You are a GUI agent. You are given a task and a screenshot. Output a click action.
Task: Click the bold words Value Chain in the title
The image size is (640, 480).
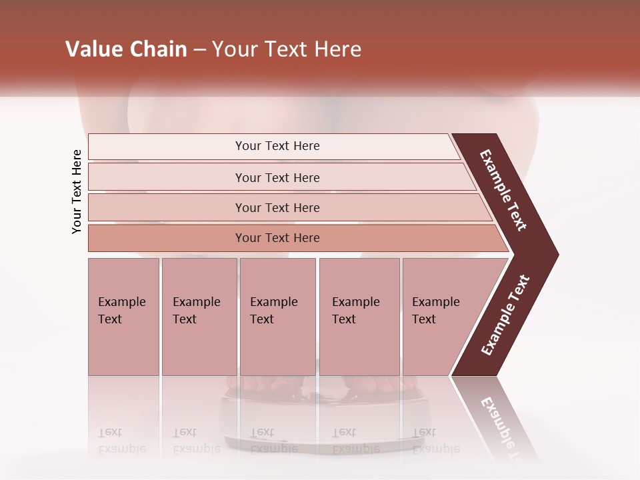click(x=126, y=49)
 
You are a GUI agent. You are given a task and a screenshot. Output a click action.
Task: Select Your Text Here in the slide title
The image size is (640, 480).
click(x=287, y=49)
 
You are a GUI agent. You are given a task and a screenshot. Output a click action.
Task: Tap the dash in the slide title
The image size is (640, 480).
click(x=199, y=50)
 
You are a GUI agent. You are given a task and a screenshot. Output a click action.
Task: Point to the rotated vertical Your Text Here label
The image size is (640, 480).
click(x=77, y=191)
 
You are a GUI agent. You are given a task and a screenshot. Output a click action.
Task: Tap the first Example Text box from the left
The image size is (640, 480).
click(x=123, y=317)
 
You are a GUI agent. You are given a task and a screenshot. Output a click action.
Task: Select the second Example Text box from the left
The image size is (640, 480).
click(x=199, y=317)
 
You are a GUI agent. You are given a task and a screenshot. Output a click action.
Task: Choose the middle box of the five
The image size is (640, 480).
click(x=277, y=317)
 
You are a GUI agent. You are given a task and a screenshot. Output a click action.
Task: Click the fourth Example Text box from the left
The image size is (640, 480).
click(x=359, y=317)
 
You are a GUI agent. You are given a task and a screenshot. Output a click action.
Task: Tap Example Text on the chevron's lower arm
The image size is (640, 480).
click(x=505, y=315)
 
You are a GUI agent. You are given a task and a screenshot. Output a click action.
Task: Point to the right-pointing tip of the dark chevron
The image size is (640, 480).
click(x=555, y=255)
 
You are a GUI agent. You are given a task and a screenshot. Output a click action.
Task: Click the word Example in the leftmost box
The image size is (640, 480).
click(x=121, y=302)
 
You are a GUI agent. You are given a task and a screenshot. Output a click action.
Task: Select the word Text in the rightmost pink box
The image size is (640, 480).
click(x=424, y=319)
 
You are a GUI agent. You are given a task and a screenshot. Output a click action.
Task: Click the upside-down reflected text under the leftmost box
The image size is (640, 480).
click(x=121, y=441)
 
